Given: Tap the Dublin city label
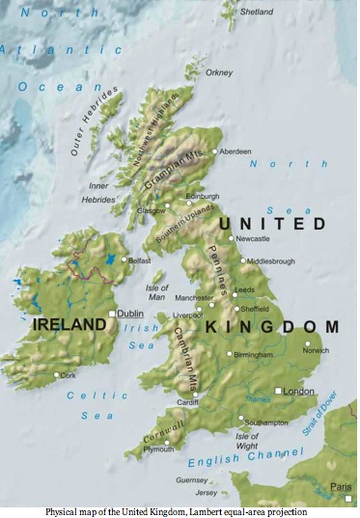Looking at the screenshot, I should click(x=130, y=314).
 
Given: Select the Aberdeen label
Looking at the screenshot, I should click(x=235, y=151).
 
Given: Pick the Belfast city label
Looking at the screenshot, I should click(x=140, y=259).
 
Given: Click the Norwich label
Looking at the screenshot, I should click(x=316, y=350).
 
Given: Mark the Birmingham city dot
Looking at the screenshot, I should click(x=230, y=354).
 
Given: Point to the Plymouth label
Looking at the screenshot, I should click(x=158, y=450).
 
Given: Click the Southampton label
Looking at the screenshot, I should click(x=266, y=423).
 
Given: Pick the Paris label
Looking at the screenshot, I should click(x=340, y=485).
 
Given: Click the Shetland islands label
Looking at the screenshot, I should click(x=256, y=12).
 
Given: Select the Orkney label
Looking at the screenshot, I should click(x=219, y=72).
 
